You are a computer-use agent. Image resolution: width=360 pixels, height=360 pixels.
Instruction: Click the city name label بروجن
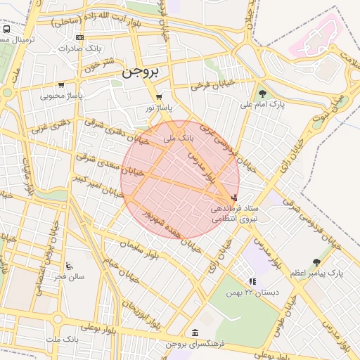(x=140, y=72)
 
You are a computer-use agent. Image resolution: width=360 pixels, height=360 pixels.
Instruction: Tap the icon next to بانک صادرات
(x=79, y=37)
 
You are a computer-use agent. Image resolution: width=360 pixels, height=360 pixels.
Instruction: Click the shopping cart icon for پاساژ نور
(x=159, y=97)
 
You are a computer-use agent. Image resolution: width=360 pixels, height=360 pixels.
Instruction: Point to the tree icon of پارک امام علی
(x=262, y=94)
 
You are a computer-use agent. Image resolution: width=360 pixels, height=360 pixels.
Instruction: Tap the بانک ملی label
(x=179, y=139)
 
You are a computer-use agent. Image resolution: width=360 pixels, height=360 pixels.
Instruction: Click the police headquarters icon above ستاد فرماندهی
(x=233, y=199)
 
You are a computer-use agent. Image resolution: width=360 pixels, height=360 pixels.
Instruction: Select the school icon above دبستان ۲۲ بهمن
(x=252, y=282)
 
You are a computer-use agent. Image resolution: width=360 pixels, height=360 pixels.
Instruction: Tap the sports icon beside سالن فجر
(x=68, y=266)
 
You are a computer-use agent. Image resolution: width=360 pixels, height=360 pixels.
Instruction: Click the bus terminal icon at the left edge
(x=6, y=30)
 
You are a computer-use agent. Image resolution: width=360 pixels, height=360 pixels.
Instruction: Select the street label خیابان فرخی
(x=212, y=87)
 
